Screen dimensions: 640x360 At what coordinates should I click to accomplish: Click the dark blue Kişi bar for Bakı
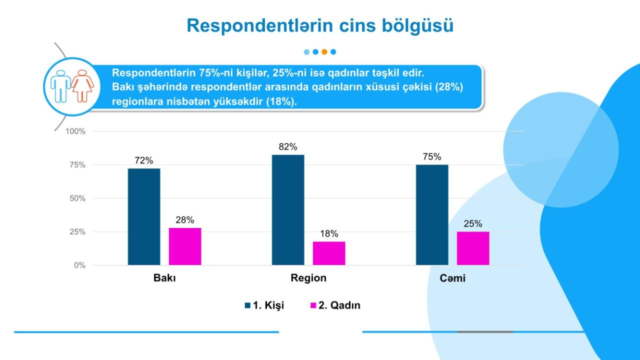pos(144,217)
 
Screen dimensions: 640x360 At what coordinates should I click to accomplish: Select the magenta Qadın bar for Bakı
pos(185,246)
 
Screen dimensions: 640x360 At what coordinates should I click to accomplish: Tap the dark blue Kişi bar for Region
pos(288,210)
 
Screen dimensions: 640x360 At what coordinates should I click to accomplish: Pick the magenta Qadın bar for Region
pos(329,253)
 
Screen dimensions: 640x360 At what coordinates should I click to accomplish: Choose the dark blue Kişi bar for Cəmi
pos(432,215)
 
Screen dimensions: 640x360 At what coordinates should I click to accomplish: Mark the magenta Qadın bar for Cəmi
pos(473,248)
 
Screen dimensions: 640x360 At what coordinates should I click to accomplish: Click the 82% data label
pos(288,147)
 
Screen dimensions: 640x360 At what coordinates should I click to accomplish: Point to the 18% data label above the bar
pos(329,233)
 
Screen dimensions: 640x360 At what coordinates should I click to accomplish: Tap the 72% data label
pos(144,160)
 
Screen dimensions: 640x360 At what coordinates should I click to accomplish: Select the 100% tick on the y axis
pos(75,131)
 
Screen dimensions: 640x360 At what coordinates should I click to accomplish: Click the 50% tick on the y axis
pos(77,198)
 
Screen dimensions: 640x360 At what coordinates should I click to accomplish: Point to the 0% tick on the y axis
pos(79,265)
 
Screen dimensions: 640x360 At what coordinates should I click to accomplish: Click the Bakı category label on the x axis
pos(164,278)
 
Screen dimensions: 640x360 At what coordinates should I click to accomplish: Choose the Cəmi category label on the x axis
pos(452,278)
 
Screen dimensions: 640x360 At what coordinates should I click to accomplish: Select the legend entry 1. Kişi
pos(264,305)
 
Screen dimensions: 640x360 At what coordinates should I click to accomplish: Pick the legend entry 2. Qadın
pos(335,305)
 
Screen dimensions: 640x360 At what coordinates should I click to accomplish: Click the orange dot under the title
pos(324,52)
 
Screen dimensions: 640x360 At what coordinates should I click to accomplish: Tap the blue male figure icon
pos(60,86)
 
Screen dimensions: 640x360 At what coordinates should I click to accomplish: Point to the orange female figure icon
pos(82,86)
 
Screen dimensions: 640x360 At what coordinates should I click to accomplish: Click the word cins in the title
pos(357,25)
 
